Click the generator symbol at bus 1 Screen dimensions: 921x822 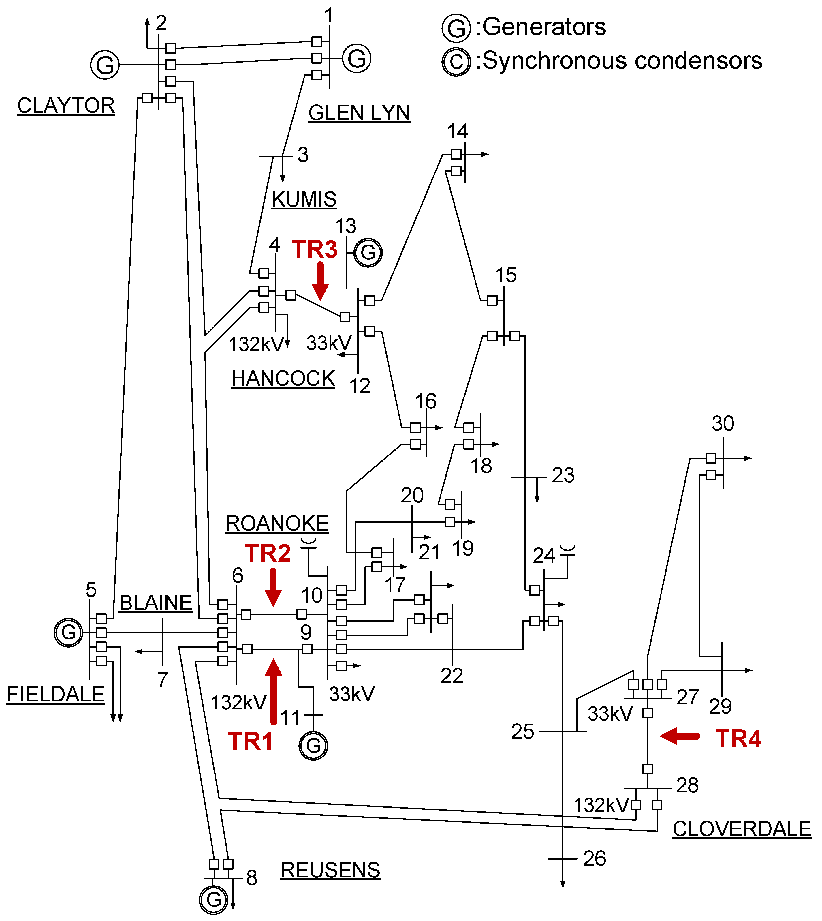356,58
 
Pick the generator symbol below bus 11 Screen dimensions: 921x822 313,745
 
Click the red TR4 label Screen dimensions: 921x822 738,739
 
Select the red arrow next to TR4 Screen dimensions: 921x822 680,736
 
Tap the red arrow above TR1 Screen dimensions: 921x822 273,691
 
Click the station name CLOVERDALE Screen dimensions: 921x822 742,829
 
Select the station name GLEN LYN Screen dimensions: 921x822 359,112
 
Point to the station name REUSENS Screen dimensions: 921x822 330,870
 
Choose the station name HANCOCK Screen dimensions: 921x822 283,378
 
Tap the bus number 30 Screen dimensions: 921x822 723,423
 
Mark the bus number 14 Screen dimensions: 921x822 458,131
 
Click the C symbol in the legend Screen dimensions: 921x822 456,61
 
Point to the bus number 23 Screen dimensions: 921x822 563,475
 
